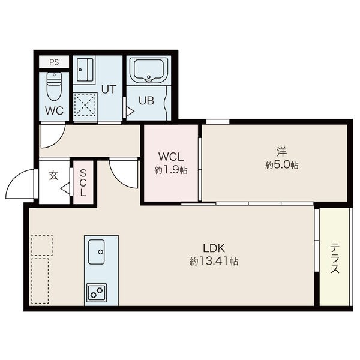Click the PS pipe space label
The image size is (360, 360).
(54, 62)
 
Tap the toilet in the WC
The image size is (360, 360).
(54, 86)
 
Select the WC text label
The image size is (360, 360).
(54, 111)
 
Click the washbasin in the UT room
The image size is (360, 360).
(85, 70)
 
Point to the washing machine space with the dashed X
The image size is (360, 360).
(85, 104)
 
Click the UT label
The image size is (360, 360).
(109, 89)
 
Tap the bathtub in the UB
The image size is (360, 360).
(149, 70)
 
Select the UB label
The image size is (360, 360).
(146, 101)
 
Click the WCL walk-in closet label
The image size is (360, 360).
(171, 157)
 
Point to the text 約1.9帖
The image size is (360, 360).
(171, 170)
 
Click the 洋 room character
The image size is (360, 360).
(282, 152)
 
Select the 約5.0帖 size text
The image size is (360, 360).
(282, 165)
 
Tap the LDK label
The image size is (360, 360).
(214, 248)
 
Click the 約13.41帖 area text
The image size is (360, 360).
(214, 261)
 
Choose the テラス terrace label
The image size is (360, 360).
(335, 259)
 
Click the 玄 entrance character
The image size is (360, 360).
(53, 175)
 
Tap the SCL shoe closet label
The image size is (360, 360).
(83, 183)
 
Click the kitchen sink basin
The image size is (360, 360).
(97, 252)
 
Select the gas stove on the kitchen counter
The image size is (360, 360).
(97, 293)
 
